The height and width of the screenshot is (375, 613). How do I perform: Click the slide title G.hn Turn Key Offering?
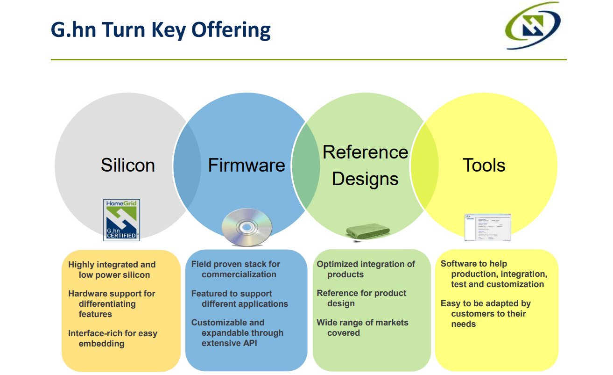coord(161,30)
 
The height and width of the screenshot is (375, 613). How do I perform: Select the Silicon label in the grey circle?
coord(127,165)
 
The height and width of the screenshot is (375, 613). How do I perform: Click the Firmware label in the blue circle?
coord(246,165)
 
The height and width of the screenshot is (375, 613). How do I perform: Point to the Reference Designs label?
coord(365,166)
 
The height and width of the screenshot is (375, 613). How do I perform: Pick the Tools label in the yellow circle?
coord(484,165)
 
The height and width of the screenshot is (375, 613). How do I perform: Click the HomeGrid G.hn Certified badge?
coord(121,220)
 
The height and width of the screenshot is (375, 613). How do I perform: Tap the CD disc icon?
coord(247,228)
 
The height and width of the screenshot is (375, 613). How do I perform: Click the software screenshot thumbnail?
coord(487,227)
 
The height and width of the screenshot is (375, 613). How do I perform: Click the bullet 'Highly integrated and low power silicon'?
coord(112,270)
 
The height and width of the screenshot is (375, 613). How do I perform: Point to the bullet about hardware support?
coord(112,303)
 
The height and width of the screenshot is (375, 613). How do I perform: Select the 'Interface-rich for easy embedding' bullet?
coord(113,339)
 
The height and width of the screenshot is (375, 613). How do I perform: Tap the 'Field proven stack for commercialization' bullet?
coord(236,269)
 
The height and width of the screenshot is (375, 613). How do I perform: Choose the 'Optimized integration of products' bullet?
coord(366,269)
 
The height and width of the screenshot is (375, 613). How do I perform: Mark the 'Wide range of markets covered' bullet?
coord(362,328)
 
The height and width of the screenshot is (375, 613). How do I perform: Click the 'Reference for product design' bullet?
coord(361,298)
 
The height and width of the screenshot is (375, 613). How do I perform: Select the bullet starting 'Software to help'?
coord(493,274)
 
